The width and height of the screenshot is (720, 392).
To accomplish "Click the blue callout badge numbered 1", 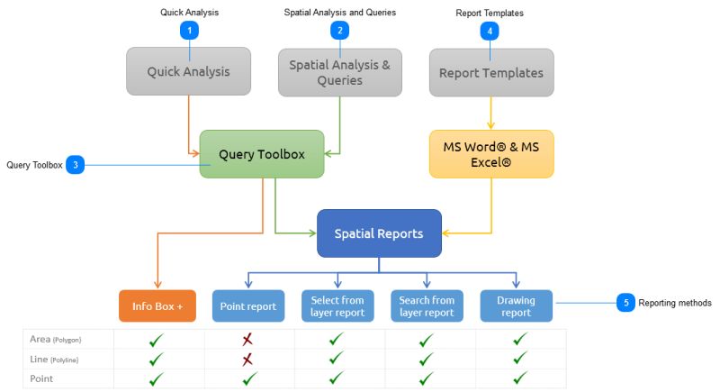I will [x=189, y=31].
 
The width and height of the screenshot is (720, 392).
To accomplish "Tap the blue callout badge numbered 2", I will [x=339, y=31].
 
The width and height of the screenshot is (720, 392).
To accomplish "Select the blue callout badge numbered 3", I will [x=76, y=165].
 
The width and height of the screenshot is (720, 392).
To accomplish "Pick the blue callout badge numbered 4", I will [x=490, y=31].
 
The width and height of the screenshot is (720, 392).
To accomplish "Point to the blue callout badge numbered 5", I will [x=625, y=303].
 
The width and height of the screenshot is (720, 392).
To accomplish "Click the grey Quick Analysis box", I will [x=188, y=72].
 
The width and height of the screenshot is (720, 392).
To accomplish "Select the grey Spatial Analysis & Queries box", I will [x=339, y=72].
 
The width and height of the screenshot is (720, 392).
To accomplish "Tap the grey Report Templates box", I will [x=490, y=72].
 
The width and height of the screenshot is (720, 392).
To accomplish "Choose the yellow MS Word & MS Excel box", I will [x=490, y=154].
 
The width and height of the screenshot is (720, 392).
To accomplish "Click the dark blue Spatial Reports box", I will [x=379, y=233].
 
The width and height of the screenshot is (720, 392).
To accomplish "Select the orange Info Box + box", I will [x=157, y=305].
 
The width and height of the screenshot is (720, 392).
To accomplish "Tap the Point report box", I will [x=248, y=305].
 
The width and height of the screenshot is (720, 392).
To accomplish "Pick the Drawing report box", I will [x=517, y=305].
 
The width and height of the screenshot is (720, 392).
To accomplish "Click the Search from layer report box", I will [x=427, y=305].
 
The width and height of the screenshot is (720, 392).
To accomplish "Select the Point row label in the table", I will [x=42, y=378].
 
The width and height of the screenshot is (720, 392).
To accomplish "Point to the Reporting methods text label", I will [x=675, y=303].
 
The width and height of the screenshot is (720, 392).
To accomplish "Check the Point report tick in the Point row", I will [x=248, y=378].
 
